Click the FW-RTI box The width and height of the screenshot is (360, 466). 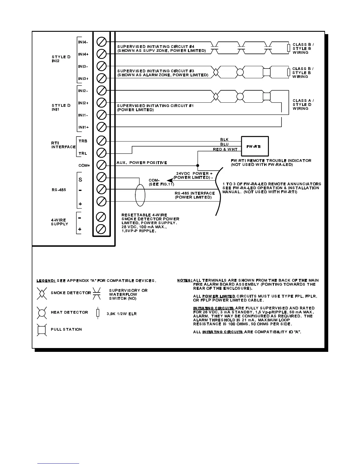click(255, 146)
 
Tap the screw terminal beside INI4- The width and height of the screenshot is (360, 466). click(101, 42)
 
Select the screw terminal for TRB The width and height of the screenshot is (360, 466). click(101, 141)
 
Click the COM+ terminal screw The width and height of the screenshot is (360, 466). click(101, 165)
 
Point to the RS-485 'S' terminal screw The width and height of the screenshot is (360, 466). click(101, 177)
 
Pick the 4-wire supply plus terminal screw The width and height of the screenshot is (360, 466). click(101, 229)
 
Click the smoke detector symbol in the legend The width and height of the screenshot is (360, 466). click(41, 293)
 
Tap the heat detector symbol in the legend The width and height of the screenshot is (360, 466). click(41, 312)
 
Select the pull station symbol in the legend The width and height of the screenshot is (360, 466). click(41, 329)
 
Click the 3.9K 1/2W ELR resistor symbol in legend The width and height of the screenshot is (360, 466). click(98, 313)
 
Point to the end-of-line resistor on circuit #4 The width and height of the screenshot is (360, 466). click(289, 48)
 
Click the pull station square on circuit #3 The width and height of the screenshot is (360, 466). click(266, 72)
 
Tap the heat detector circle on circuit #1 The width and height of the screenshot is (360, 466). click(240, 96)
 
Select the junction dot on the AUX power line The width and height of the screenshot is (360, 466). click(197, 165)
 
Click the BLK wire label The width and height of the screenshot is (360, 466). click(224, 139)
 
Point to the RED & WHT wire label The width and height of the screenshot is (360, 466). click(225, 149)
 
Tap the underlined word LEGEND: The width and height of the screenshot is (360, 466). click(46, 281)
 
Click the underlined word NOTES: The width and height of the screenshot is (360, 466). click(185, 280)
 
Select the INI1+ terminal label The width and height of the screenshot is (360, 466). click(83, 127)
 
